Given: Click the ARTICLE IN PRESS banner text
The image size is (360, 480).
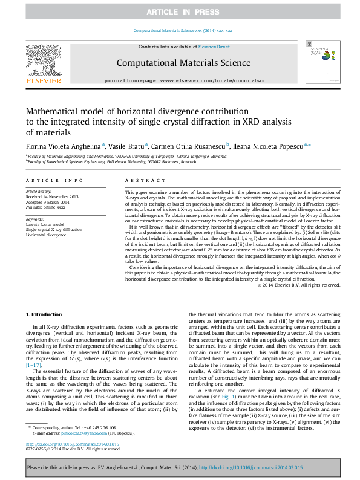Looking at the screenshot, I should click(180, 12).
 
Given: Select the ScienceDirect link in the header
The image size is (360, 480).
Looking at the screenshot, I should click(214, 47).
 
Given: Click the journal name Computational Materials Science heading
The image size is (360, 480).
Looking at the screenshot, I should click(183, 63).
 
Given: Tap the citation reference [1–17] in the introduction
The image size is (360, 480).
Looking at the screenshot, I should click(34, 365).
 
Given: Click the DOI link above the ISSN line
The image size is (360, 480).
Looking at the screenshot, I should click(68, 444).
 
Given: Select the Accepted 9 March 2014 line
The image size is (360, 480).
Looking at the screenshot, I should click(50, 203).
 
